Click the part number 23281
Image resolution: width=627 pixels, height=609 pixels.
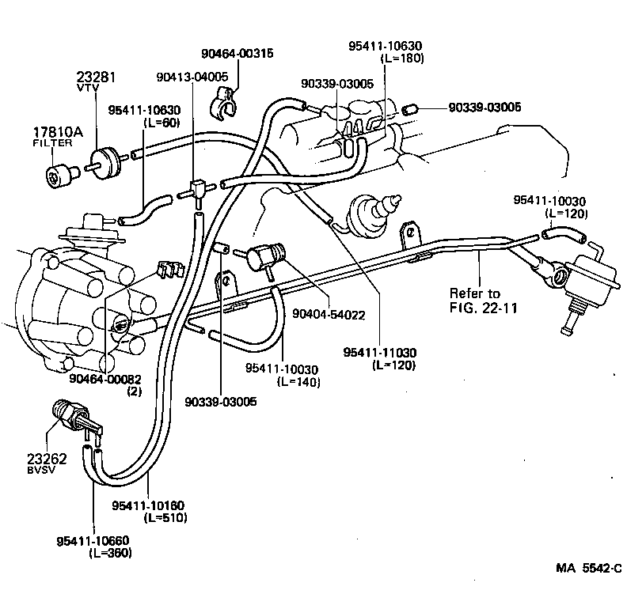tap(96, 78)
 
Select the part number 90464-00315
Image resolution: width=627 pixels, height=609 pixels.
tap(237, 54)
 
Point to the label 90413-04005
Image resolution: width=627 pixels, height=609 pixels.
tap(192, 77)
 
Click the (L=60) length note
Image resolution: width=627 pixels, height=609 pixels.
tap(161, 123)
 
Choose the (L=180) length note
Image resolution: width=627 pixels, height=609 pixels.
tap(402, 59)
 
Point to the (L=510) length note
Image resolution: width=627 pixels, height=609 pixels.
tap(165, 518)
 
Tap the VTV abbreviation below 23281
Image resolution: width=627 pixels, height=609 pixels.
tap(85, 90)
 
